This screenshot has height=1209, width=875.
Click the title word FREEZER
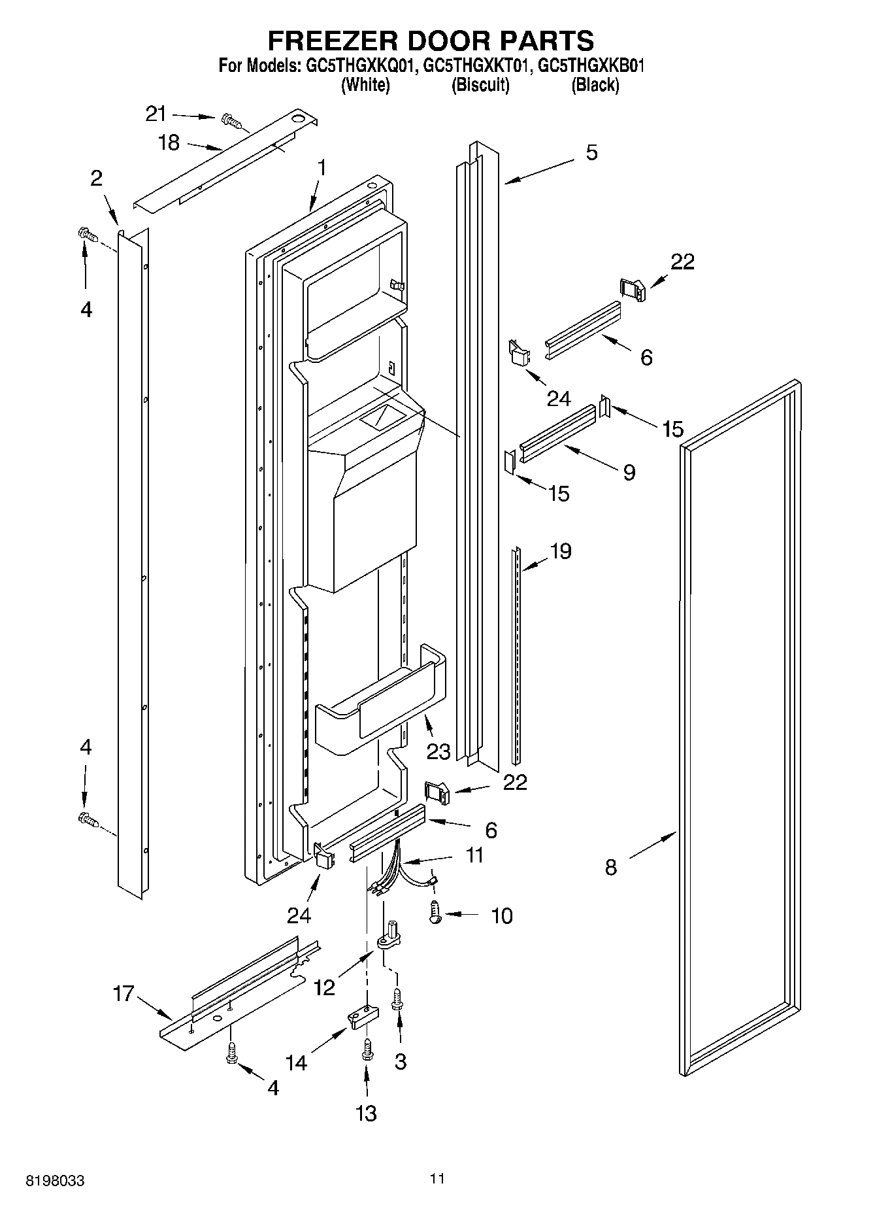[334, 41]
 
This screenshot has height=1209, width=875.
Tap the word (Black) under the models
[595, 85]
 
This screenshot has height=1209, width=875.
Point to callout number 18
[169, 143]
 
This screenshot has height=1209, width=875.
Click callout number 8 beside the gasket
[610, 868]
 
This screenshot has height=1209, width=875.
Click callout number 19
[561, 551]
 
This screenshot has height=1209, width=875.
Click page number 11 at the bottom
[437, 1178]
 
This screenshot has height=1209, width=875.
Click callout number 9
[629, 472]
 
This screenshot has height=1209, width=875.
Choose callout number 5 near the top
[591, 153]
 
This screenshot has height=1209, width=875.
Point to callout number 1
[321, 168]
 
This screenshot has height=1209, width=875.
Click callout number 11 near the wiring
[474, 855]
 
